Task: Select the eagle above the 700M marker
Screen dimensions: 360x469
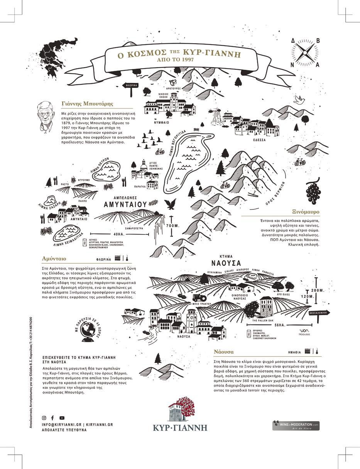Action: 171,204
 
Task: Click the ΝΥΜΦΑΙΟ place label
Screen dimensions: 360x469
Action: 161,122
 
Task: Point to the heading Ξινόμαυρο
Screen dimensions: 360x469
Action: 306,212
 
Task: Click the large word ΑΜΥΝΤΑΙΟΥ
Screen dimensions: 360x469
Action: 125,204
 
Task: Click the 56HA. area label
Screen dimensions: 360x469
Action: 280,325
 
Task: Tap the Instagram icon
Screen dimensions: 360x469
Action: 44,418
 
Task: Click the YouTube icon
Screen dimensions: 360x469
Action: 62,418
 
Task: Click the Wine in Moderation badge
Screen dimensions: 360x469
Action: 296,425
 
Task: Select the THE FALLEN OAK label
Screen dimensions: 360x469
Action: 263,321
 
